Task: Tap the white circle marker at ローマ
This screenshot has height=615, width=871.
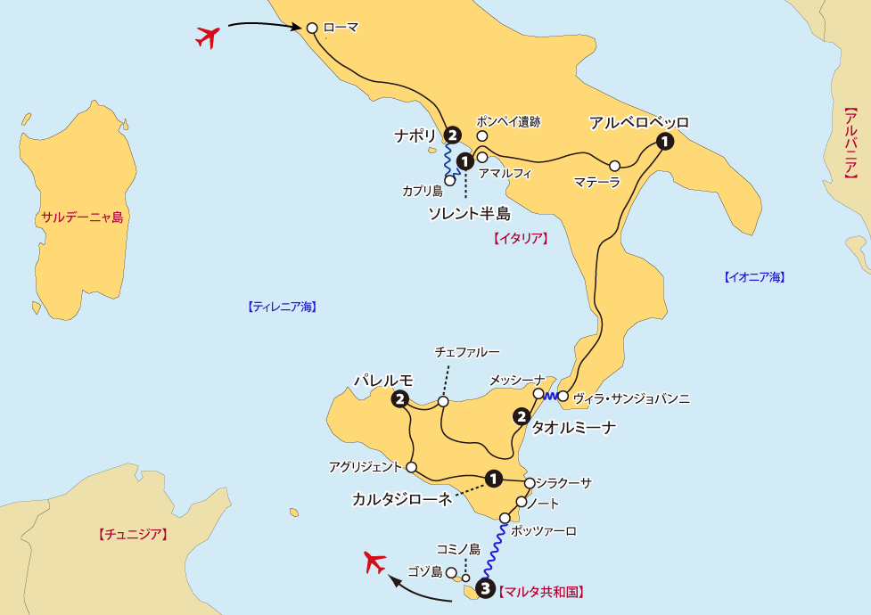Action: [x=312, y=28]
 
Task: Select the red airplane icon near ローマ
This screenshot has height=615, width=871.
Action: [x=208, y=37]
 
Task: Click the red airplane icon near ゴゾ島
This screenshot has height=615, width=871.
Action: [x=375, y=563]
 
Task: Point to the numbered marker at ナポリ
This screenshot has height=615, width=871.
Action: [x=453, y=135]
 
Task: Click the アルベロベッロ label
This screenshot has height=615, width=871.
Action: [x=638, y=122]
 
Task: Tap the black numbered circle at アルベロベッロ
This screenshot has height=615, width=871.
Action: [x=664, y=141]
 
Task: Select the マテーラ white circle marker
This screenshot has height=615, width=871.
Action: [x=614, y=166]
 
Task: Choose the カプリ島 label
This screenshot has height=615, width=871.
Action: [x=422, y=191]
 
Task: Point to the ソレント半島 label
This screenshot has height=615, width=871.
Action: [x=469, y=214]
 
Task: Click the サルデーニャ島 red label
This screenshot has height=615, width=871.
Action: [x=81, y=217]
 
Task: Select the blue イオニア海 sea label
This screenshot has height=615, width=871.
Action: [x=753, y=277]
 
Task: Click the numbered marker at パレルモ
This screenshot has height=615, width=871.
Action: [x=399, y=398]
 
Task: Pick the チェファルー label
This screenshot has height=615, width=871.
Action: [x=466, y=353]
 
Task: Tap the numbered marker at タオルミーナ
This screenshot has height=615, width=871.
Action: [x=522, y=415]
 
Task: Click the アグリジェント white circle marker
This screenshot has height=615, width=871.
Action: [x=412, y=467]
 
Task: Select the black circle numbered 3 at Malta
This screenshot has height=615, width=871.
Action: [x=485, y=588]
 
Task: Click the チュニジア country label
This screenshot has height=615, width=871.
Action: [x=131, y=535]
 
